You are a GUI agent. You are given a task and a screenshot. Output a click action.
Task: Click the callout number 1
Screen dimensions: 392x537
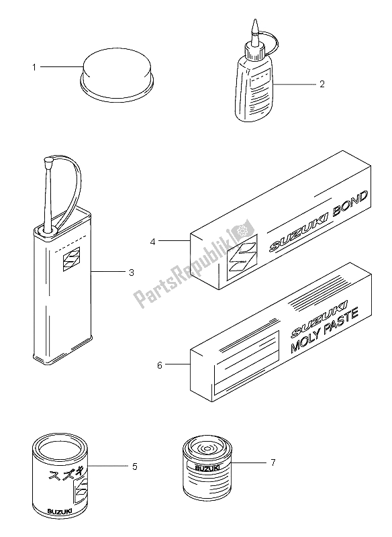(x=34, y=68)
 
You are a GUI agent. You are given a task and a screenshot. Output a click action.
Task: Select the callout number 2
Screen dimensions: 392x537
(x=322, y=84)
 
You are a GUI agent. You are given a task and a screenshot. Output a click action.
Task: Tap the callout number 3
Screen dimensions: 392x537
(x=132, y=273)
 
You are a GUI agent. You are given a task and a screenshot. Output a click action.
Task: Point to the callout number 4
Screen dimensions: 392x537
(x=152, y=242)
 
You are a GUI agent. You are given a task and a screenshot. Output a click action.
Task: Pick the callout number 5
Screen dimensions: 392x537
(x=134, y=467)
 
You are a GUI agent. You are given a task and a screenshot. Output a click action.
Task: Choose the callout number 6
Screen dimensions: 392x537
(x=160, y=365)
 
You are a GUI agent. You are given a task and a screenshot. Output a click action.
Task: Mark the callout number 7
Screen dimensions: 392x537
(x=273, y=462)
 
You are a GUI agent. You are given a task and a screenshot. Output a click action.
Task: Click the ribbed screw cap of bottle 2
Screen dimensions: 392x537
(x=254, y=51)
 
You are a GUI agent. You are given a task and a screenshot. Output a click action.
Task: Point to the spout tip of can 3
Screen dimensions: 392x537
(x=48, y=160)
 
